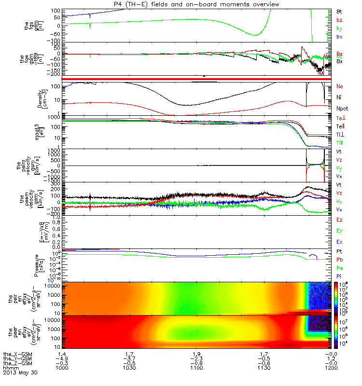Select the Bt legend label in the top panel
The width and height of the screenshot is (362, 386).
pyautogui.click(x=339, y=11)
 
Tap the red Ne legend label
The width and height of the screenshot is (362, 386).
pyautogui.click(x=339, y=86)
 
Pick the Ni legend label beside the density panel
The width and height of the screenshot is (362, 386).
pyautogui.click(x=339, y=97)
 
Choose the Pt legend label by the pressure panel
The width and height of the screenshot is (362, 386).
pyautogui.click(x=339, y=252)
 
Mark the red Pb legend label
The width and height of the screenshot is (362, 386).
pyautogui.click(x=339, y=260)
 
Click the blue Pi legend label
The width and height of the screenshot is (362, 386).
pyautogui.click(x=339, y=275)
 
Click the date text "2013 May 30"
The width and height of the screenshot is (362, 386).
pyautogui.click(x=20, y=372)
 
